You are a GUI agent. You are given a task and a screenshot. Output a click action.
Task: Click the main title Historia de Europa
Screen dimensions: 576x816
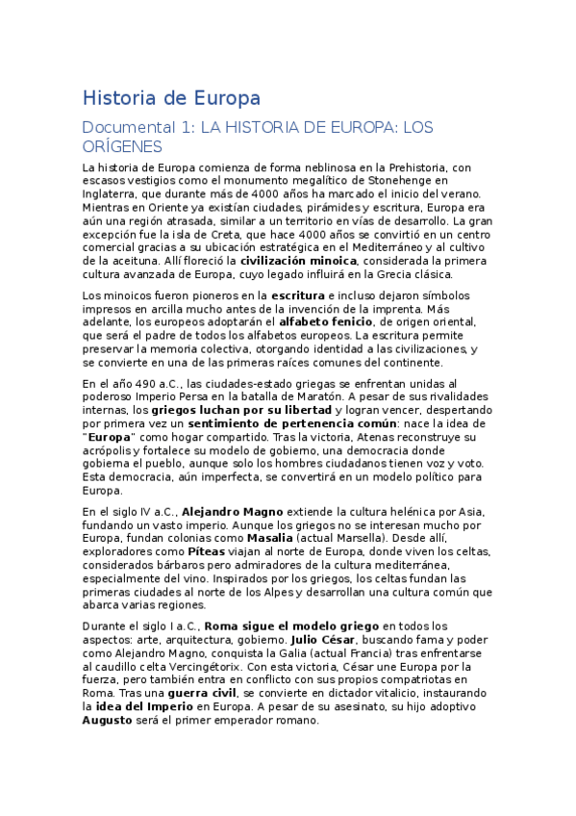[171, 98]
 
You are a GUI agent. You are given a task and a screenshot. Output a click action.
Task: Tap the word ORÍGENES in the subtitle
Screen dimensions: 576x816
[122, 146]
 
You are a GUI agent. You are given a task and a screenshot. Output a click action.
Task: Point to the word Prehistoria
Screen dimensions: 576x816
[404, 166]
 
